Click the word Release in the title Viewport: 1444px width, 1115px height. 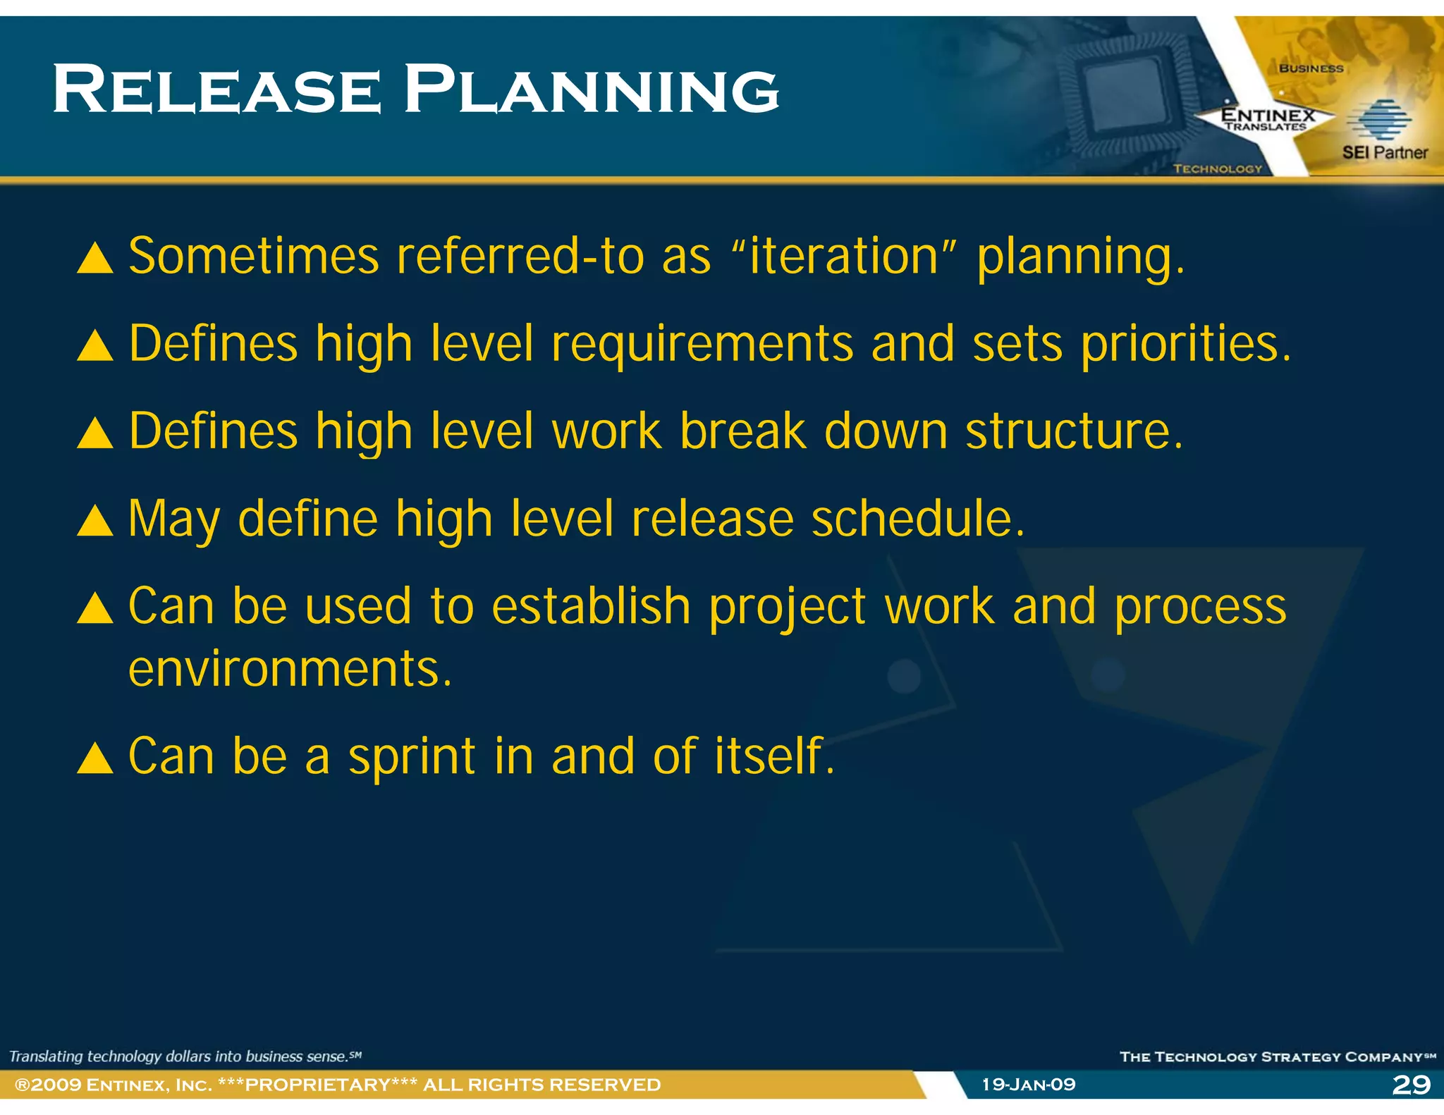coord(216,90)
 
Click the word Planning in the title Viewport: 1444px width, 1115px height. coord(591,90)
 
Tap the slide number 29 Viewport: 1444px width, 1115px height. coord(1411,1084)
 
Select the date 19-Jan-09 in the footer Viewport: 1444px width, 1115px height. coord(1029,1084)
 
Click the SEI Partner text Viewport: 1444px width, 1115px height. coord(1384,152)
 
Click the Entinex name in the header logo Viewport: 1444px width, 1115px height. coord(1268,114)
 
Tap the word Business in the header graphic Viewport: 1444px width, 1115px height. coord(1311,68)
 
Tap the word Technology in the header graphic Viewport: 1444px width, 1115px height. coord(1218,168)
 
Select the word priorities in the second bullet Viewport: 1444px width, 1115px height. coord(1186,344)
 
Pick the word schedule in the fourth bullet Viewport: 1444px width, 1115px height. coord(917,519)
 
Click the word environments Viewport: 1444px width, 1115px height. coord(289,669)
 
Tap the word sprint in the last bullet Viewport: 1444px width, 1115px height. coord(412,756)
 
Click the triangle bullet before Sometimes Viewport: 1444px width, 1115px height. coord(95,259)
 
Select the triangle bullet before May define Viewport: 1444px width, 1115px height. coord(95,522)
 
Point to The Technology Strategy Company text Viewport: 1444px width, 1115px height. coord(1276,1057)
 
